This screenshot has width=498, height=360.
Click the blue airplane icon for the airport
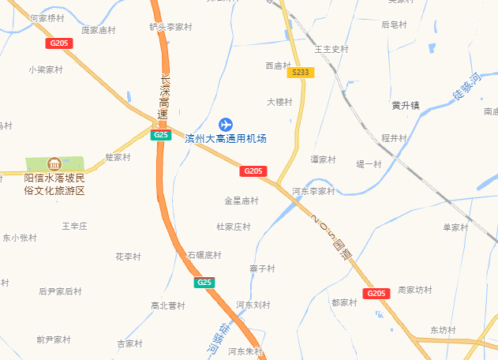pyautogui.click(x=226, y=124)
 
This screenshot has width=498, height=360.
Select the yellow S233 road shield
pyautogui.click(x=301, y=72)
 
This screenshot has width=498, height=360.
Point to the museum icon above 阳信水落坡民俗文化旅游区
pyautogui.click(x=54, y=164)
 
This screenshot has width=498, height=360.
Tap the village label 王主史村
pyautogui.click(x=331, y=49)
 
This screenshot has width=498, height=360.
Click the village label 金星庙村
pyautogui.click(x=242, y=201)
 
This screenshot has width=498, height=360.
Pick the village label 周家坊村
pyautogui.click(x=415, y=290)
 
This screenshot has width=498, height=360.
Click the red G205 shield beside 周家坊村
pyautogui.click(x=376, y=294)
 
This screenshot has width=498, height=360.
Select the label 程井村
pyautogui.click(x=394, y=138)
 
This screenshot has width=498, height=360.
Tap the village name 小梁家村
pyautogui.click(x=45, y=69)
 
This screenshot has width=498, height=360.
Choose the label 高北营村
pyautogui.click(x=167, y=306)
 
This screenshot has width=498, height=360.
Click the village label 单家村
pyautogui.click(x=455, y=227)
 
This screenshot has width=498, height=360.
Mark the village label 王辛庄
pyautogui.click(x=74, y=226)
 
